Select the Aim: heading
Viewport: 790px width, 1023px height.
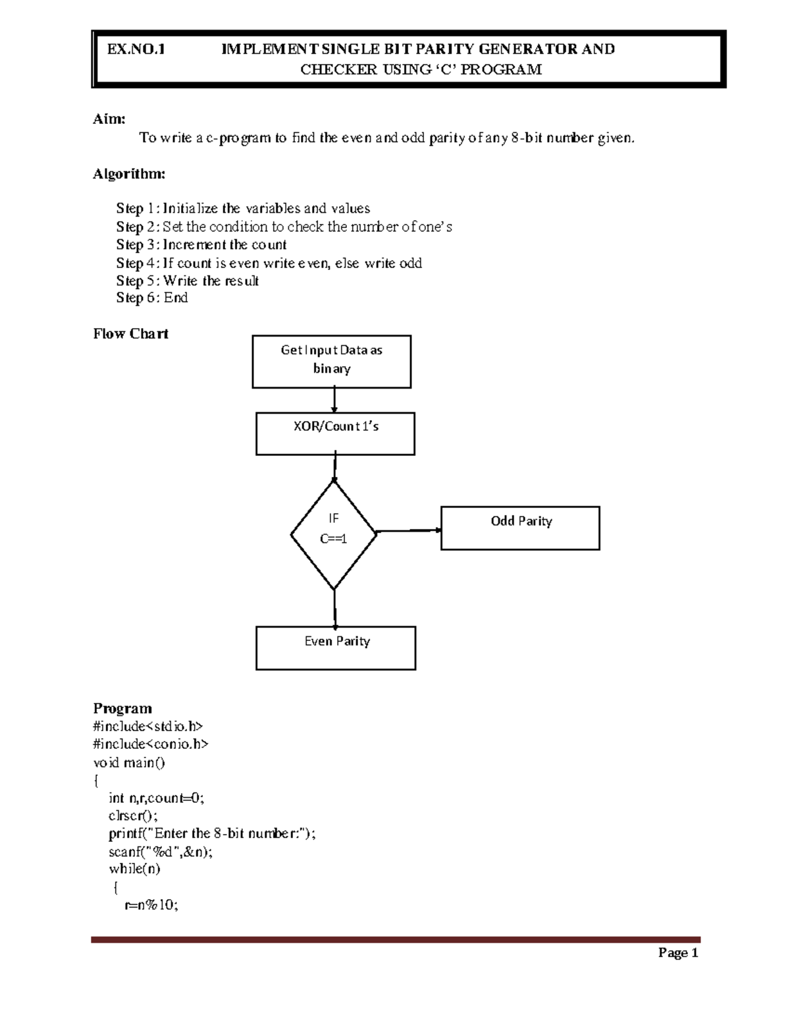[109, 119]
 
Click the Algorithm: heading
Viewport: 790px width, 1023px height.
[129, 174]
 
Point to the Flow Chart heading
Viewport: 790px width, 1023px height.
[130, 334]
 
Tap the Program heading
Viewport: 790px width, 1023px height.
[122, 709]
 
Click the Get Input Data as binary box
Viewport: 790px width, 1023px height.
[331, 361]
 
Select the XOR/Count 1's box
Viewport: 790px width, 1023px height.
[335, 433]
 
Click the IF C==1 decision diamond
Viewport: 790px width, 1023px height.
[334, 535]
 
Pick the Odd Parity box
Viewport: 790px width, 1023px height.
[520, 528]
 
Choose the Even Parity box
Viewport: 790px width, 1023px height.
[336, 648]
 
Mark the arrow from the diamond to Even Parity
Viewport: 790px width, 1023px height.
[335, 608]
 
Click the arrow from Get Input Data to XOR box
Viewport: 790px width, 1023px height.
[334, 400]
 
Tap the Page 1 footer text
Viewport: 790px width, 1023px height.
[678, 953]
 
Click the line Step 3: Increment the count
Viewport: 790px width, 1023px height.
[201, 245]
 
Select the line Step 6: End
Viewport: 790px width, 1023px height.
[152, 298]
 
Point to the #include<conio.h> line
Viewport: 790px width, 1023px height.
[151, 744]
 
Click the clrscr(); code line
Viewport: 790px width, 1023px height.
[133, 816]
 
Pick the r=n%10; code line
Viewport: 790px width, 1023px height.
[151, 905]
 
